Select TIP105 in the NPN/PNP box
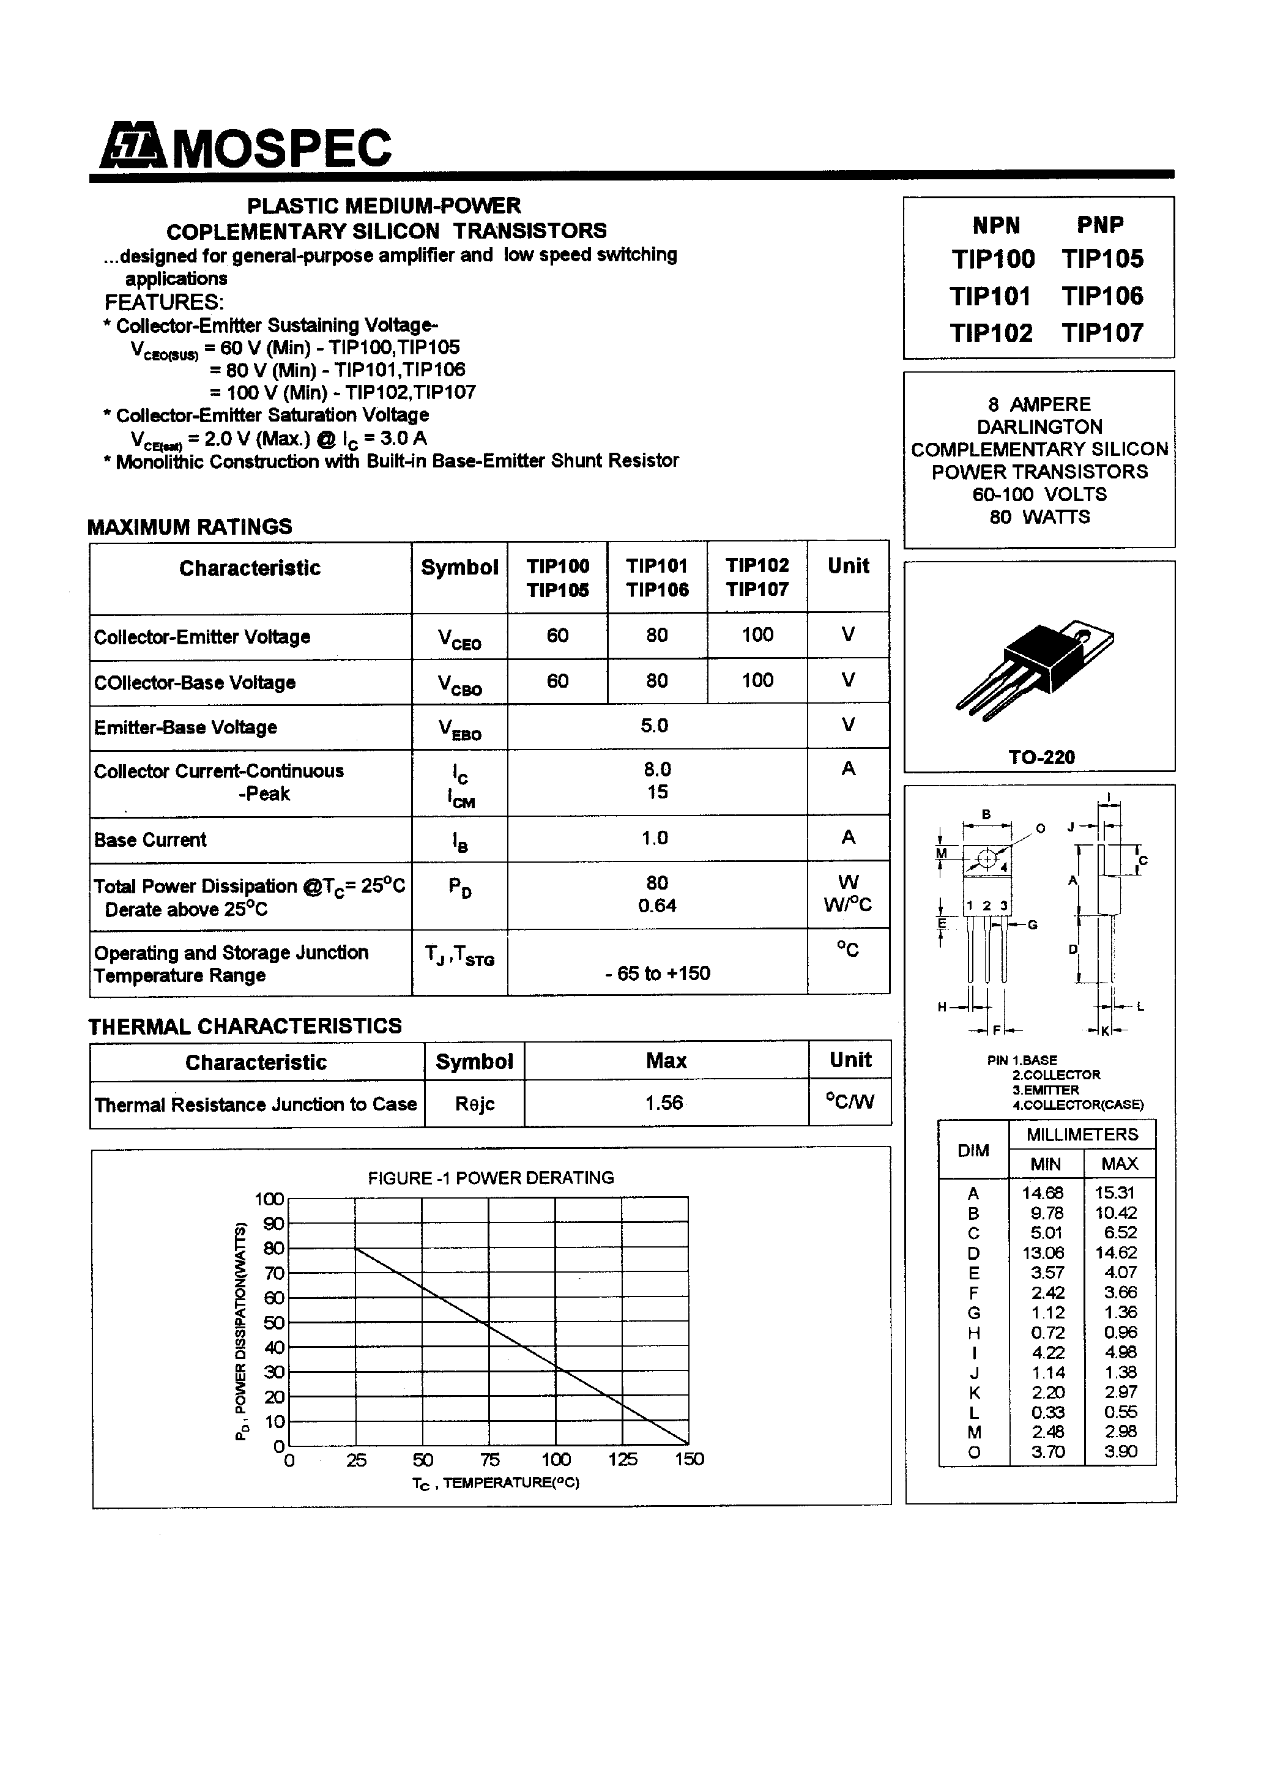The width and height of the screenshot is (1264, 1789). [x=1102, y=259]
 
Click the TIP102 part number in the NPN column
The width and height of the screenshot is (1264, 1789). [x=991, y=333]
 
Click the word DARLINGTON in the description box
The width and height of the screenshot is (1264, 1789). [x=1039, y=427]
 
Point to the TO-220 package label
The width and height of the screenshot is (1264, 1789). [x=1041, y=757]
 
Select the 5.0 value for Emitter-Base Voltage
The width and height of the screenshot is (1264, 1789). [x=655, y=726]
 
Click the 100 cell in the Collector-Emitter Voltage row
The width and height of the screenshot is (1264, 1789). [x=757, y=635]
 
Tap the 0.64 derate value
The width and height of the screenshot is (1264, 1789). [x=657, y=906]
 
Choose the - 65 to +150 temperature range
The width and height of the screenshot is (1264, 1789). [x=658, y=973]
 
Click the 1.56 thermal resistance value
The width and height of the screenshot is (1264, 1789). [x=664, y=1103]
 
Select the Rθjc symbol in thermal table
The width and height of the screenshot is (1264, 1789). [x=475, y=1105]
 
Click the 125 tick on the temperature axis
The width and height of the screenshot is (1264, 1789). [x=622, y=1459]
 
